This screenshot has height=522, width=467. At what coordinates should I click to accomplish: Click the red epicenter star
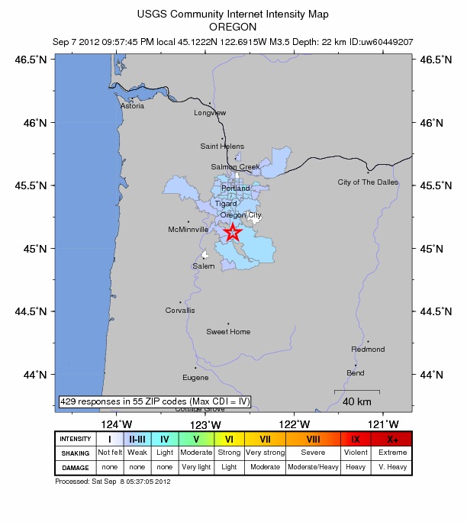tap(233, 232)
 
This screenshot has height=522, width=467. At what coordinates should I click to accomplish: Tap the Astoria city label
tap(132, 106)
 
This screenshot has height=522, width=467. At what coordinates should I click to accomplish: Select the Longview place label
tap(210, 113)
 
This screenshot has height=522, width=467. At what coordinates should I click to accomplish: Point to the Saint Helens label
tap(222, 146)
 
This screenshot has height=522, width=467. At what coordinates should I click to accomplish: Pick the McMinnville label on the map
tap(188, 229)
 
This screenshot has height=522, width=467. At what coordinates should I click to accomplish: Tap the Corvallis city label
tap(180, 310)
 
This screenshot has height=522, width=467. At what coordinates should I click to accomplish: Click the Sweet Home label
tap(228, 331)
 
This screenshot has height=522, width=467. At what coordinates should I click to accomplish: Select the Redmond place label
tap(368, 349)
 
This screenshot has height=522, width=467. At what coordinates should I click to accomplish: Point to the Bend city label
tap(356, 372)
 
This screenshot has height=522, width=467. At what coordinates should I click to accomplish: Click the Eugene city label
tap(195, 377)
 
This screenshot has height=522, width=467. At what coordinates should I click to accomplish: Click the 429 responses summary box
tap(155, 401)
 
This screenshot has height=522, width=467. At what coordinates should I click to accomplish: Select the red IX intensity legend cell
tap(355, 439)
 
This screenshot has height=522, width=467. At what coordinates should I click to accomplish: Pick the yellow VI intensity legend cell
tap(228, 439)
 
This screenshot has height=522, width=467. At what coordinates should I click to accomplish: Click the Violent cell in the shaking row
tap(355, 453)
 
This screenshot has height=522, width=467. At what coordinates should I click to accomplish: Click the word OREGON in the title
tap(233, 25)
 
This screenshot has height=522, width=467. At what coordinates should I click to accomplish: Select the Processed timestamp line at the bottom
tap(113, 482)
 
